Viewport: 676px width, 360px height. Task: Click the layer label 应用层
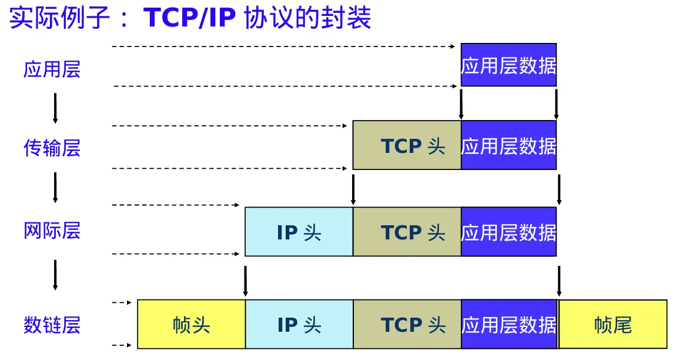[x=52, y=69]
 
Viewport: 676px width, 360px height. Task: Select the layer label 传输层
[x=52, y=148]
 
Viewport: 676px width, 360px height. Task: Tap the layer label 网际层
[x=52, y=230]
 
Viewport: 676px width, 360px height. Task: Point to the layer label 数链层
[x=52, y=324]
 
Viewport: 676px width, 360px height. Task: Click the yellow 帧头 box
[x=192, y=324]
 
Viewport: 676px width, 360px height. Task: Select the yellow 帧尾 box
[x=613, y=324]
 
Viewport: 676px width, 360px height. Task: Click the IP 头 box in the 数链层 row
[x=299, y=324]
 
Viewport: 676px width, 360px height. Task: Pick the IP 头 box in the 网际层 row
[x=299, y=232]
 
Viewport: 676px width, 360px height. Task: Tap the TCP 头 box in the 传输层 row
[x=407, y=145]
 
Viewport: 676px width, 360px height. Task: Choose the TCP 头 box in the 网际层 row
[x=407, y=232]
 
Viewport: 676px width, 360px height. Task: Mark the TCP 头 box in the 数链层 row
[x=407, y=324]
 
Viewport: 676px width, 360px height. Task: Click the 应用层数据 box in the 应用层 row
[x=508, y=65]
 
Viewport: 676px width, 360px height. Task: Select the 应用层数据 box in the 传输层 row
[x=508, y=145]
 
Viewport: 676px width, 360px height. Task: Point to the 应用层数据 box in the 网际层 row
[x=508, y=232]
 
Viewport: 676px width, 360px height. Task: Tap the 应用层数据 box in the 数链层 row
[x=508, y=324]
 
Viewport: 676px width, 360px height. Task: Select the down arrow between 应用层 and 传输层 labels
[x=55, y=108]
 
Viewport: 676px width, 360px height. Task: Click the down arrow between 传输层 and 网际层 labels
[x=55, y=187]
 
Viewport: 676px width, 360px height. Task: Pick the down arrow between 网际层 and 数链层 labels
[x=55, y=275]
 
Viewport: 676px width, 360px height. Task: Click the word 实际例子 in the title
[x=59, y=18]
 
